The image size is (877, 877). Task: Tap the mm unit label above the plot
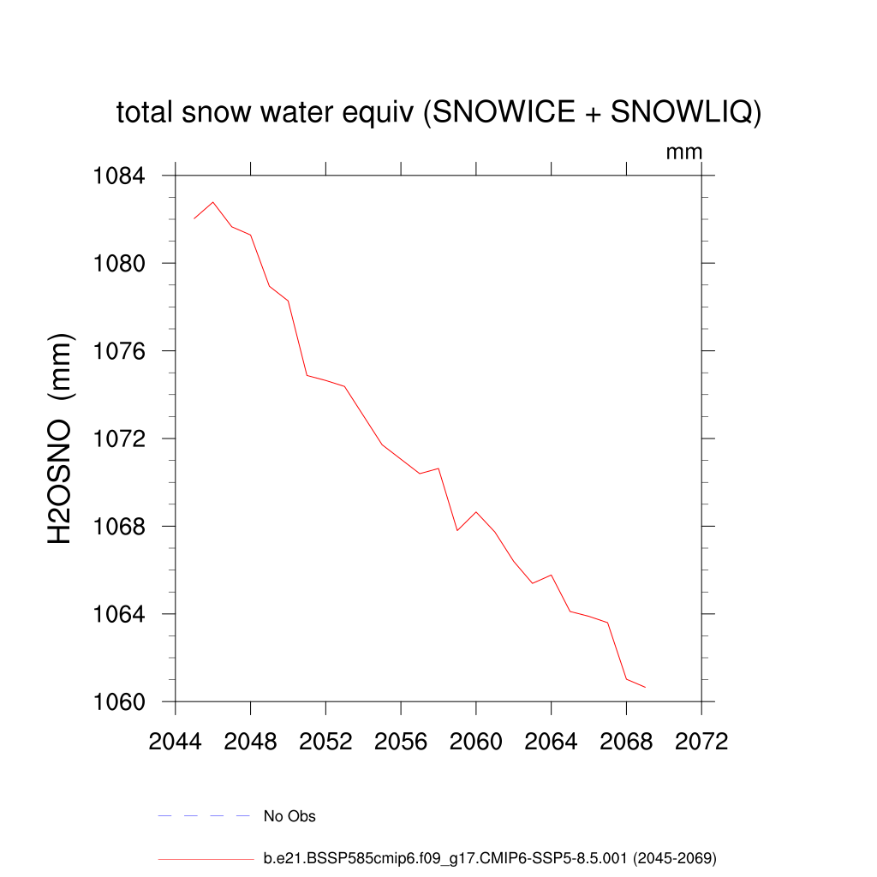tap(683, 152)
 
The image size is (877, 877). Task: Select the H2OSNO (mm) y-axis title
tap(60, 438)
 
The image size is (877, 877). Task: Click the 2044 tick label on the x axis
tap(175, 742)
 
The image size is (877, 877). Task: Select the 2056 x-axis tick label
tap(401, 742)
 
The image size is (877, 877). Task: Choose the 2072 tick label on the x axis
tap(701, 742)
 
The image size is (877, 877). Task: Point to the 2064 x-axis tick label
tap(551, 742)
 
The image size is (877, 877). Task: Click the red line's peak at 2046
tap(212, 202)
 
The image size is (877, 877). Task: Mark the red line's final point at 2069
tap(645, 688)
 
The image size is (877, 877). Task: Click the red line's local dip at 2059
tap(457, 530)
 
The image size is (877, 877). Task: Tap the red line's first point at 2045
tap(194, 218)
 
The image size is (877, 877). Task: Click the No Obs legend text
tap(289, 816)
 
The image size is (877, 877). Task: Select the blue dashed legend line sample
tap(204, 816)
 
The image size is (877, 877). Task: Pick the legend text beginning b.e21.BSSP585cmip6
tap(489, 857)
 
